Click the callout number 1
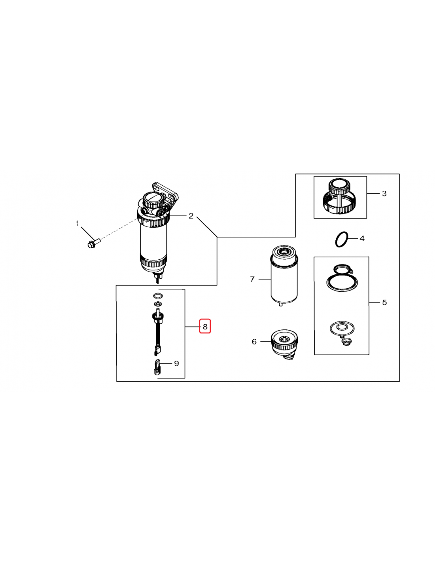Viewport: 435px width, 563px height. [x=77, y=224]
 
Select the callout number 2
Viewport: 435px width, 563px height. [x=191, y=216]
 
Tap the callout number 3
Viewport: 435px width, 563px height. [x=384, y=194]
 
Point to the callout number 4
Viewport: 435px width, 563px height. [x=362, y=238]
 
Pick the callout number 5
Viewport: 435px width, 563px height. [x=384, y=302]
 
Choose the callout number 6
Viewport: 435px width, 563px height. [x=254, y=342]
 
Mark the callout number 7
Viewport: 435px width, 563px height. [x=252, y=279]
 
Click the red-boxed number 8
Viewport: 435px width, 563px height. [x=205, y=327]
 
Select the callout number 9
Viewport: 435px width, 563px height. [x=176, y=363]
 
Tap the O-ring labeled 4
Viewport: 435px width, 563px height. [x=341, y=240]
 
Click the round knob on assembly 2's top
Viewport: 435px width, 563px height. [x=152, y=201]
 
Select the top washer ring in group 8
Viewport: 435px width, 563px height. [x=158, y=296]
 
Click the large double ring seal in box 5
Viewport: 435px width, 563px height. [x=342, y=281]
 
